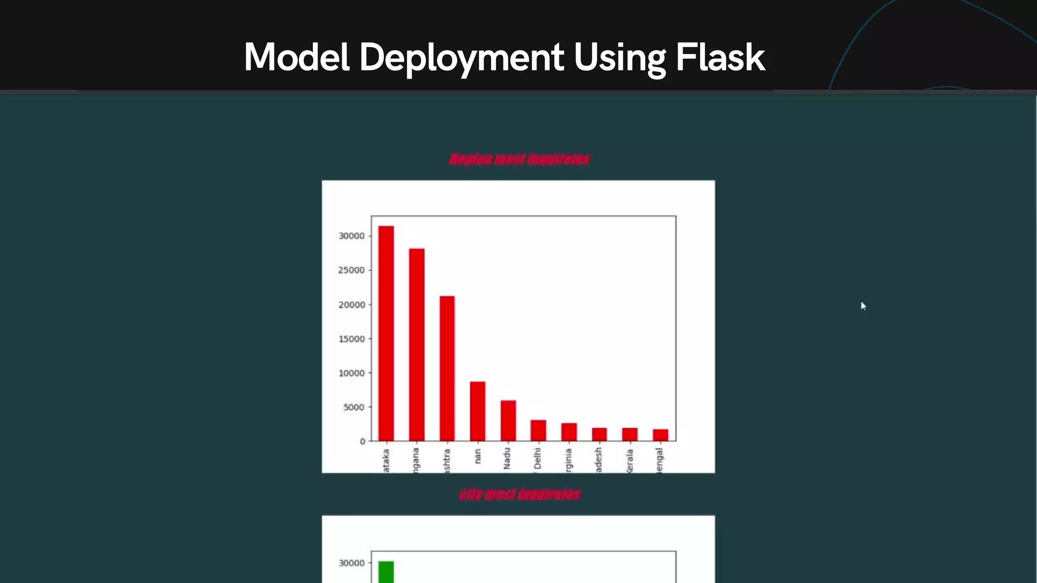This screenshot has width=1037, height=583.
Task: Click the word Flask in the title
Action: (x=720, y=57)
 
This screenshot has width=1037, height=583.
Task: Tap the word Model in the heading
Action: (x=297, y=57)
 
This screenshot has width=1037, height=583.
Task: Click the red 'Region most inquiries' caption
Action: (x=520, y=159)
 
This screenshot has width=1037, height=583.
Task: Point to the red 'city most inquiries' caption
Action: (x=520, y=494)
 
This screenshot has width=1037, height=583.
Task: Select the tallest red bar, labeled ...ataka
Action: (x=386, y=334)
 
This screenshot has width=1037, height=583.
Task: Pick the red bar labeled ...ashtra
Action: (x=447, y=369)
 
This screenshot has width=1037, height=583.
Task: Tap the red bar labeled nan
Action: (x=477, y=411)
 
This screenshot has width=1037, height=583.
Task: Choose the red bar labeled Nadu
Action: (x=508, y=421)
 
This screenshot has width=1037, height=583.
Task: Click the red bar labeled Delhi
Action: (x=538, y=431)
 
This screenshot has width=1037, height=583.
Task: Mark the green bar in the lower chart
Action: (x=386, y=572)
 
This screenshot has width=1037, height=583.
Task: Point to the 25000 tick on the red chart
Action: (x=352, y=270)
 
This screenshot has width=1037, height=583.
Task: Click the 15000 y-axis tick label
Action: (x=352, y=339)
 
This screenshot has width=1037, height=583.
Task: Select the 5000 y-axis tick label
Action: (x=354, y=407)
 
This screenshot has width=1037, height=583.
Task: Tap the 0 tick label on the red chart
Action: (x=363, y=441)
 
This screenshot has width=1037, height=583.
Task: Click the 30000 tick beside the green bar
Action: (x=352, y=563)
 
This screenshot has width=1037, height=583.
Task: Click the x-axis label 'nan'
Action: (x=477, y=456)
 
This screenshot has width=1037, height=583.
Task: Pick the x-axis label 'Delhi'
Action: (x=538, y=459)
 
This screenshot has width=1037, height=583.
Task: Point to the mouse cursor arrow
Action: (x=863, y=306)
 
